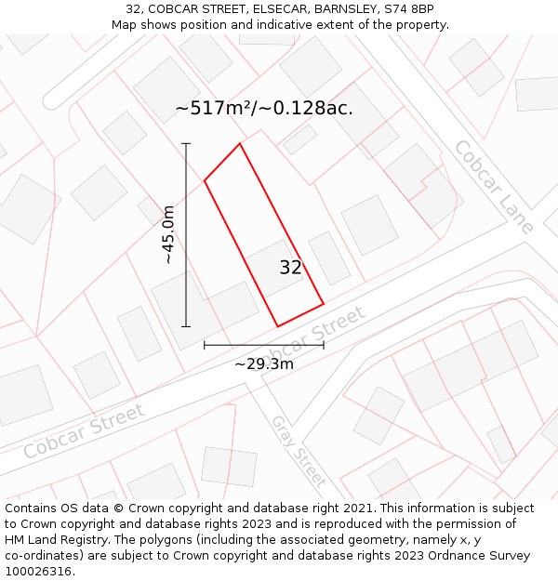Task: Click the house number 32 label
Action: pos(290,268)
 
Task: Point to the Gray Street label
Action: pos(299,452)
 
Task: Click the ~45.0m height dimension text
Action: pos(168,235)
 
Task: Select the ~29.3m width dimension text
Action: pos(264,364)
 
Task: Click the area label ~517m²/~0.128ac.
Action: pos(264,108)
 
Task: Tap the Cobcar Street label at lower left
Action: pos(84,430)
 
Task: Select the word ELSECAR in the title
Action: pos(274,9)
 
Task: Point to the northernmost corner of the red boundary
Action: pos(240,143)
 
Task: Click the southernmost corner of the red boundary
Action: pos(278,326)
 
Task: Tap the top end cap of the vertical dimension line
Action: pos(186,144)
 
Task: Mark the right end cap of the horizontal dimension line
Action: pos(324,345)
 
